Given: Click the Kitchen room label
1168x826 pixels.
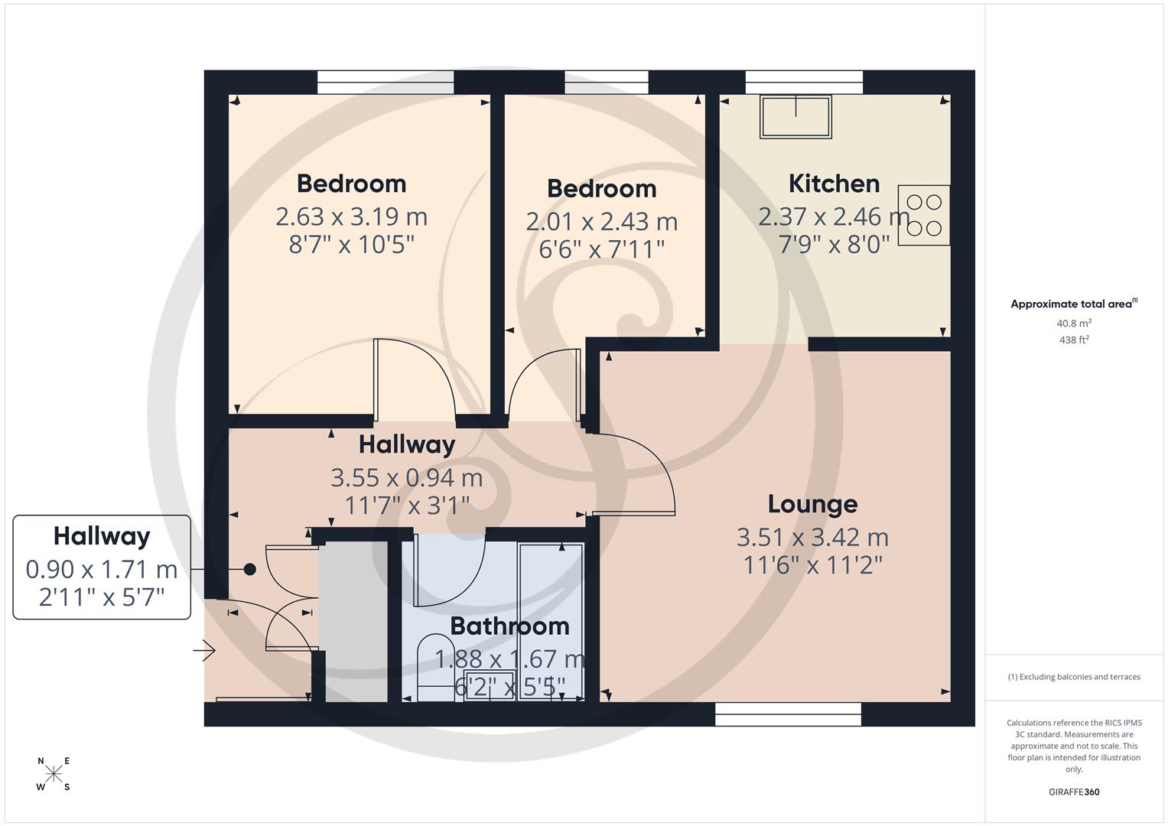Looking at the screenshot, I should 834,184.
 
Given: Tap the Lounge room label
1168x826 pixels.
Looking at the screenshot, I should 812,504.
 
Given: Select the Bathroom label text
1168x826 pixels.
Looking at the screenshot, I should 509,626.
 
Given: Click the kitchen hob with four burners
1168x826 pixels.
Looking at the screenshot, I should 924,215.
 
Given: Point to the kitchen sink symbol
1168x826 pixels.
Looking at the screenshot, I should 795,117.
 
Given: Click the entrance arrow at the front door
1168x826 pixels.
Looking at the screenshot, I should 204,651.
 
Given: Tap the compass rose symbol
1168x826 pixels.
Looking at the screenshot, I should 54,774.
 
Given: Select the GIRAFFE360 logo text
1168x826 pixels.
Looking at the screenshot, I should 1074,792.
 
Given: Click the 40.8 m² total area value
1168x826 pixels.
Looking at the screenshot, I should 1074,324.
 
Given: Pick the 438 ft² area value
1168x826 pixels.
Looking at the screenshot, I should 1074,340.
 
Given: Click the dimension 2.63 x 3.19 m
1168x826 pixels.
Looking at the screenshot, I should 351,216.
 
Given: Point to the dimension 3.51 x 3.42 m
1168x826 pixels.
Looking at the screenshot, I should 812,537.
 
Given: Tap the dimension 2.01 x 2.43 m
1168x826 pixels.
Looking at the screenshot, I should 601,222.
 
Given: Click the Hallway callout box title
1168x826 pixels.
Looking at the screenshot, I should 102,536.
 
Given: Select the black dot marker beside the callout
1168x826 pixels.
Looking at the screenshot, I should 249,569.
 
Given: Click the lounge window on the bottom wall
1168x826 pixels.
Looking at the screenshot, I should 788,714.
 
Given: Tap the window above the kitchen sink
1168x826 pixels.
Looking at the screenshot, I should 804,82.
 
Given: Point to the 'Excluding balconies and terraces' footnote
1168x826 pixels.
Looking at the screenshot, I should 1074,677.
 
